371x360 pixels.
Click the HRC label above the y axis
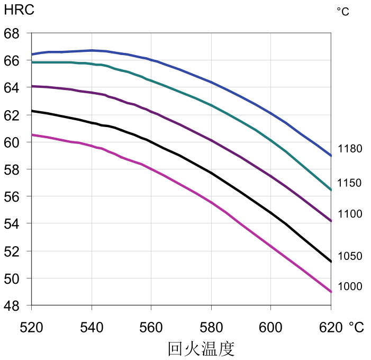(19, 10)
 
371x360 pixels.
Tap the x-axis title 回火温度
(201, 349)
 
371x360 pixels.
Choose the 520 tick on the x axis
(31, 328)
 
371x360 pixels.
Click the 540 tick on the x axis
(91, 328)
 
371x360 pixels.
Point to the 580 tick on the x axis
(211, 328)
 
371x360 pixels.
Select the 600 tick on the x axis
(270, 328)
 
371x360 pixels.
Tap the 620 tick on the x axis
(330, 328)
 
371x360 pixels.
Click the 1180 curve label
(350, 149)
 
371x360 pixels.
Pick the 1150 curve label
(349, 183)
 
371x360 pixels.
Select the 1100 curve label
(350, 214)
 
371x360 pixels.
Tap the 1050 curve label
(350, 256)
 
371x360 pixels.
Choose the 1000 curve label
(350, 286)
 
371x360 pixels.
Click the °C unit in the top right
(343, 12)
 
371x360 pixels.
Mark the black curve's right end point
(331, 262)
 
